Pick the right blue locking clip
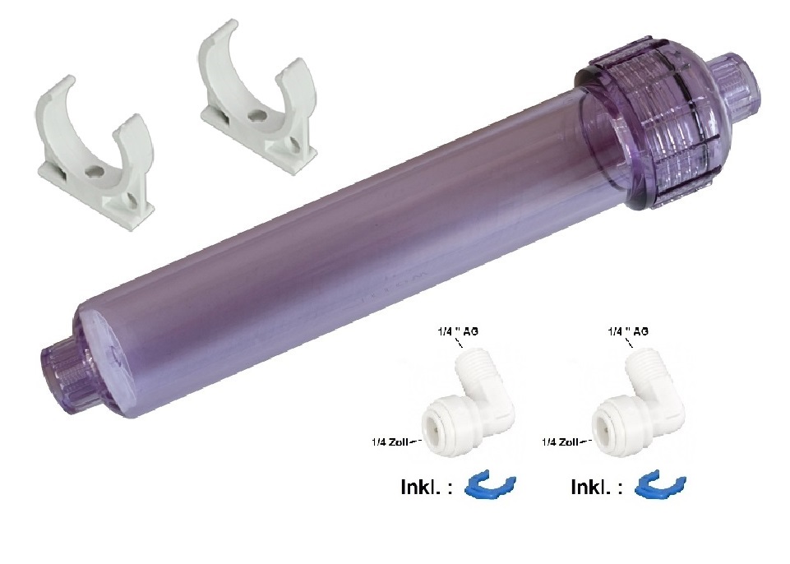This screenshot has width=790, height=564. (x=659, y=486)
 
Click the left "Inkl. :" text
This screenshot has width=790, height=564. (x=426, y=488)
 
